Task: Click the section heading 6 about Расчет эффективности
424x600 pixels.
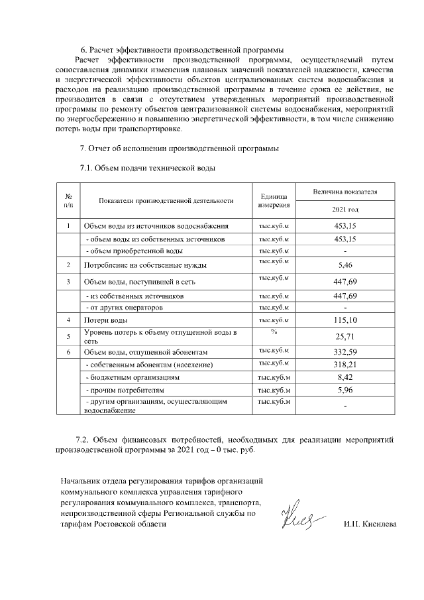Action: click(182, 50)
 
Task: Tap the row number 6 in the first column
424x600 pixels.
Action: click(68, 352)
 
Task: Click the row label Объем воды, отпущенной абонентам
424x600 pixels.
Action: click(147, 352)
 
